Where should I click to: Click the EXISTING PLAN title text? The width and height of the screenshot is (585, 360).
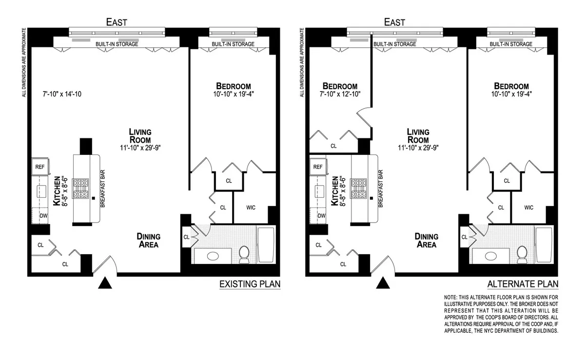[250, 284]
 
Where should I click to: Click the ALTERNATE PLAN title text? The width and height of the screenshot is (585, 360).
[523, 284]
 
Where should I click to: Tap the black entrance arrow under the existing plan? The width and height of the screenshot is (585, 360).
[104, 283]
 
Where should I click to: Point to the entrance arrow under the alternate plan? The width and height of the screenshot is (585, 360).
[384, 283]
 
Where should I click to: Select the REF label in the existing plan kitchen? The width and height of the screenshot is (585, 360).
[39, 167]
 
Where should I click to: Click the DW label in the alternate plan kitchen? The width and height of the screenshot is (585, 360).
[321, 215]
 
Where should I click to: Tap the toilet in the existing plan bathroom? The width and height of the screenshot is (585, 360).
[244, 253]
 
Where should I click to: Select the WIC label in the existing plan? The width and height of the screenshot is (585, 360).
[250, 208]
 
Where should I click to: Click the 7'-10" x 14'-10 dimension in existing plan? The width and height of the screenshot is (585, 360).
[61, 94]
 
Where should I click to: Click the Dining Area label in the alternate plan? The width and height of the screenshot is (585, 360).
[426, 240]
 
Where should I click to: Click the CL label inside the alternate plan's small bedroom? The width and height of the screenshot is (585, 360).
[333, 145]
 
